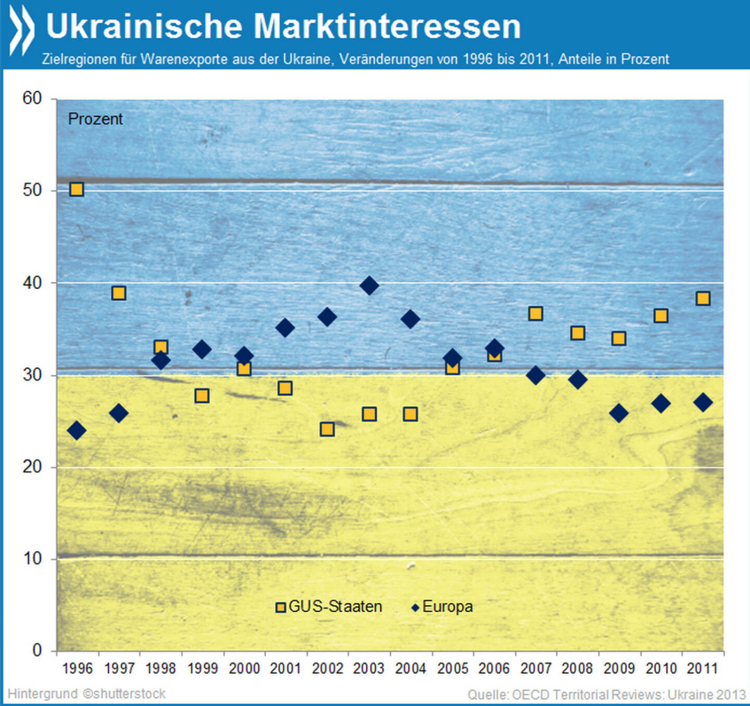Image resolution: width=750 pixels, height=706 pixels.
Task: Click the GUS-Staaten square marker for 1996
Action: click(77, 189)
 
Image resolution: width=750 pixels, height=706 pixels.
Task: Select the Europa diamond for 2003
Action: click(369, 286)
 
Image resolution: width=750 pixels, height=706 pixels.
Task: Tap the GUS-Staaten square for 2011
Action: click(703, 299)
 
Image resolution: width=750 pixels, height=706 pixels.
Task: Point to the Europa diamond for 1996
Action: click(77, 430)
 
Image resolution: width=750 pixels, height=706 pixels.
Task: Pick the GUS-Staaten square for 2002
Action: click(327, 429)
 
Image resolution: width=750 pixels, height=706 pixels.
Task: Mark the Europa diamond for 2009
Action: click(619, 414)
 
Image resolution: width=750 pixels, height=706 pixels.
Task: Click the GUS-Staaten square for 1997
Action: click(119, 293)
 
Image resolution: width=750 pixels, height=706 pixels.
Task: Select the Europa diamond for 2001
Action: click(285, 328)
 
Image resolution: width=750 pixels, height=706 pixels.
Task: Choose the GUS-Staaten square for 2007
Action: click(535, 314)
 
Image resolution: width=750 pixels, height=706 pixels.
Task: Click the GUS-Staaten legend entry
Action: click(329, 607)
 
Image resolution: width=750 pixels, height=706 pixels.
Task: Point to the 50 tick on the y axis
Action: click(32, 190)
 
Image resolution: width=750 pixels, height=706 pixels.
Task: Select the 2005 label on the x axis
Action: click(453, 668)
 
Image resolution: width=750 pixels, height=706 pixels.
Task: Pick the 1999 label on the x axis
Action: click(202, 668)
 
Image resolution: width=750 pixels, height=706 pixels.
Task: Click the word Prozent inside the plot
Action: click(95, 119)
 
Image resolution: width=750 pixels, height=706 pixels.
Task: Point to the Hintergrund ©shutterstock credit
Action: click(86, 694)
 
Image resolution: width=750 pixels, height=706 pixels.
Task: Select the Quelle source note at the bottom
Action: click(606, 695)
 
